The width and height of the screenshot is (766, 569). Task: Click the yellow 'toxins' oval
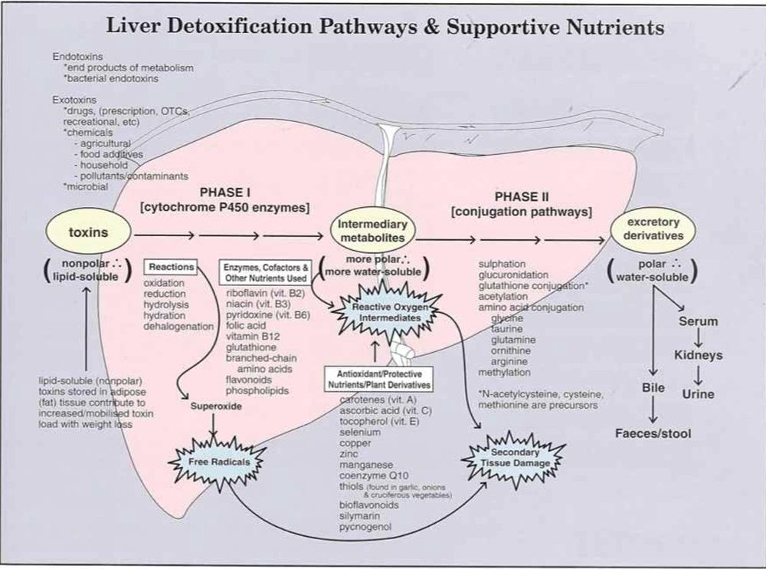pos(87,232)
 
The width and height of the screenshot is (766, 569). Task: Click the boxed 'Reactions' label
pos(171,267)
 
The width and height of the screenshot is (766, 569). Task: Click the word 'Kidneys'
pos(698,356)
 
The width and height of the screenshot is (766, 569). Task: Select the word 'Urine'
pos(697,394)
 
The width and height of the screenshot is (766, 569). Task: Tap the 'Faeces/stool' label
pos(653,433)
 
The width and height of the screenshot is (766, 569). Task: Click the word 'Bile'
pos(653,388)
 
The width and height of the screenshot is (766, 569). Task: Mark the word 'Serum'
pos(698,321)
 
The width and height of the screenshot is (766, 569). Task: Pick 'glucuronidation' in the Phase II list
pos(512,274)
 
